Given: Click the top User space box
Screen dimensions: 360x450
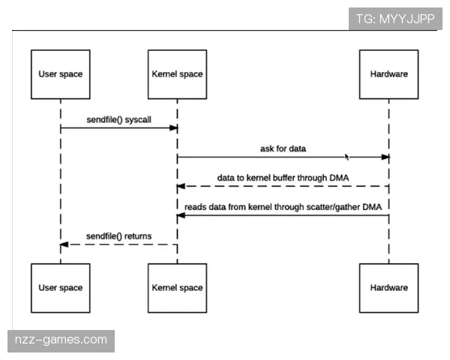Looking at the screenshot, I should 60,74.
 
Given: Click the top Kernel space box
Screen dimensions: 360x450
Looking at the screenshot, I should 177,74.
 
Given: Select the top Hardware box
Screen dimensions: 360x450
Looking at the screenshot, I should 388,74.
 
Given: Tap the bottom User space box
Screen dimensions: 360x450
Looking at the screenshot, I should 60,288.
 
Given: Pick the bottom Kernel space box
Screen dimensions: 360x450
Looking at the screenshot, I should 177,288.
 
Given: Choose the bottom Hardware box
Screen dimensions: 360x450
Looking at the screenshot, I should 388,288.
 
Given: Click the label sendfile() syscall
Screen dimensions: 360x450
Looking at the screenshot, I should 118,120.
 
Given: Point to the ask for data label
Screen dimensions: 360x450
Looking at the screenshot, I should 283,148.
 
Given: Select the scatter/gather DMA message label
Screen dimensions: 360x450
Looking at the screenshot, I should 283,206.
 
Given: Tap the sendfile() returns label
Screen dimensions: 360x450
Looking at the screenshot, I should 118,235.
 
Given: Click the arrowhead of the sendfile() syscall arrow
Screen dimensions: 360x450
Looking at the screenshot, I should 173,128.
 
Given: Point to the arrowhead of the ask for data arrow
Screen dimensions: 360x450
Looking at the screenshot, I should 385,157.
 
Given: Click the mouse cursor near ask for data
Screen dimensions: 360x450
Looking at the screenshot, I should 347,157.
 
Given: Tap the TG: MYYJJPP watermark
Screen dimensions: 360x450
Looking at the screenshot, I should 395,19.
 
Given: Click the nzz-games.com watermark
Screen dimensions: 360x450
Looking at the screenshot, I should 61,340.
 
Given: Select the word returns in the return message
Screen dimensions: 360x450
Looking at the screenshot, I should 137,235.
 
